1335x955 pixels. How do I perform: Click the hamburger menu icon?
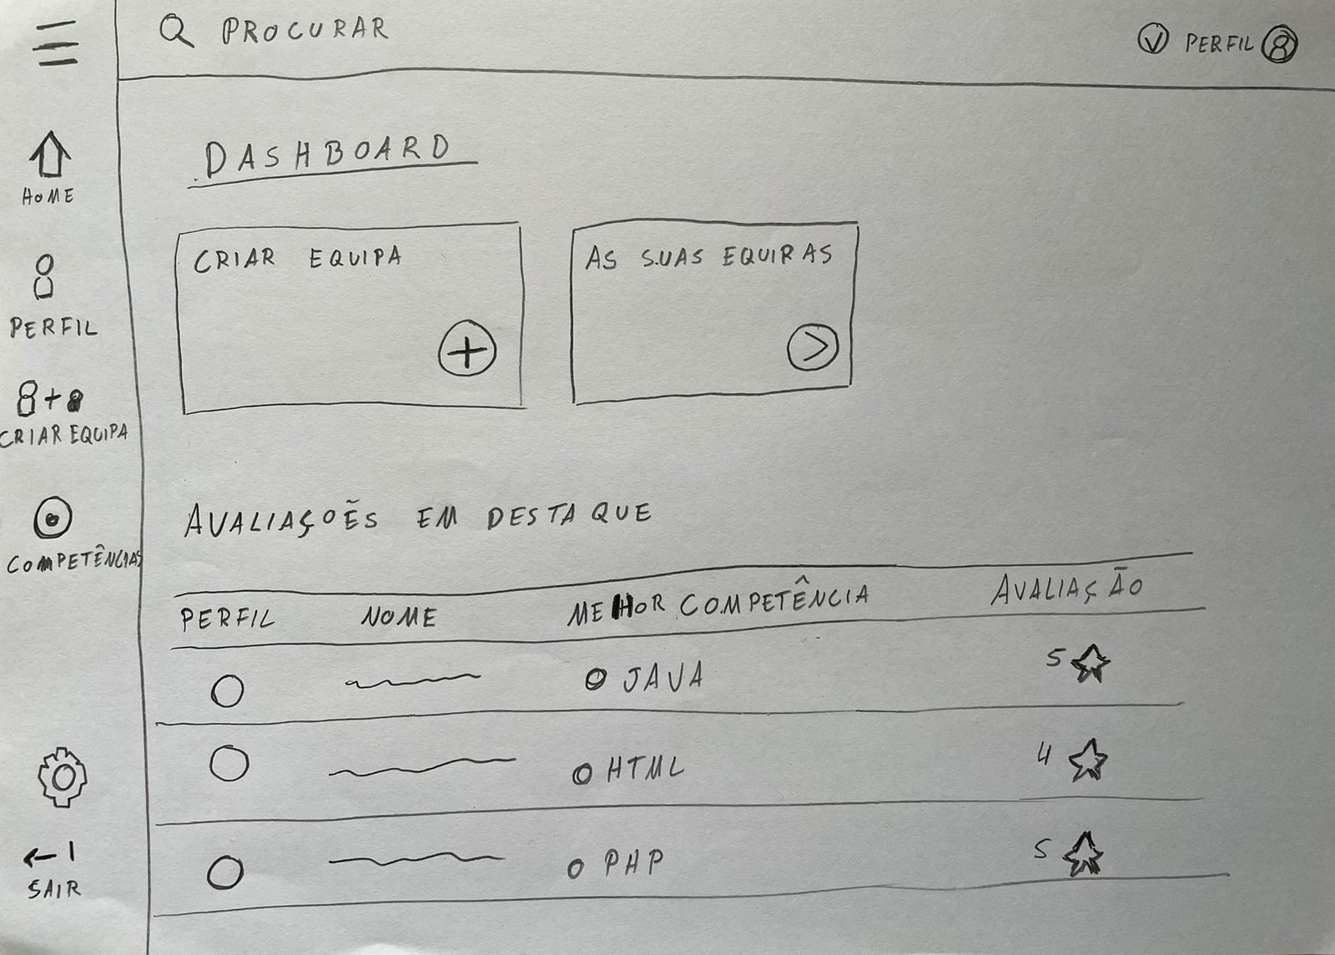(55, 43)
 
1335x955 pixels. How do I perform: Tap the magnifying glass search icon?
(176, 31)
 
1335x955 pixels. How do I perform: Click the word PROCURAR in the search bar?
(305, 30)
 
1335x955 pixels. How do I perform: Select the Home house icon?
(50, 154)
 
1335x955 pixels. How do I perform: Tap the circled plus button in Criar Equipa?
(467, 348)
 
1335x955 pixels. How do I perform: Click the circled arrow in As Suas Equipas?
(813, 347)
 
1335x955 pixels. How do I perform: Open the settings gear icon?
(62, 776)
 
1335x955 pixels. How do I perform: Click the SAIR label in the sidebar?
(53, 889)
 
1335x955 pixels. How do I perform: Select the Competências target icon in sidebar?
(53, 518)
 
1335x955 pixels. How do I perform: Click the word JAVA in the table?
(663, 677)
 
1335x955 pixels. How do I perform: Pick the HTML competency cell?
(645, 769)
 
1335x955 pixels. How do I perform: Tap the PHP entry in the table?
(633, 862)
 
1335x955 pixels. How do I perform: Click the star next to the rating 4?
(1087, 760)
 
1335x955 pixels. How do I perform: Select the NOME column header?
(399, 617)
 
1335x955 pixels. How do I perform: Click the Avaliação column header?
(1067, 589)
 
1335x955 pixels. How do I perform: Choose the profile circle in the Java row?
(227, 690)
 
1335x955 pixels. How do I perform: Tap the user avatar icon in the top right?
(1280, 44)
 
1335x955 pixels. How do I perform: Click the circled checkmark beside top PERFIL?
(1152, 39)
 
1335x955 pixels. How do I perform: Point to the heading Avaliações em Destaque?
(418, 518)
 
